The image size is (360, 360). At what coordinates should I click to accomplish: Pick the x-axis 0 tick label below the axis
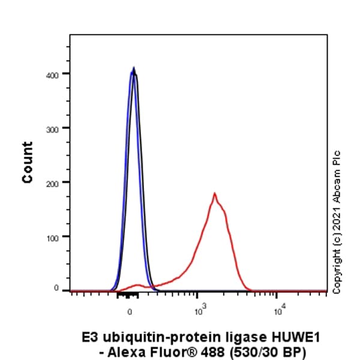(x=130, y=311)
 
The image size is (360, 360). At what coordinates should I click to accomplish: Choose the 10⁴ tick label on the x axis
(x=278, y=310)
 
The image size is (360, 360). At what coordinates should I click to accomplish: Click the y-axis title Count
(x=28, y=162)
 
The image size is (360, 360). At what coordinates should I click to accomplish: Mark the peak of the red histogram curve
(x=214, y=194)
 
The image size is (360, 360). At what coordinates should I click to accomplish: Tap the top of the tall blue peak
(x=133, y=68)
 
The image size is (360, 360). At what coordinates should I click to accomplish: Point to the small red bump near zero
(x=139, y=285)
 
